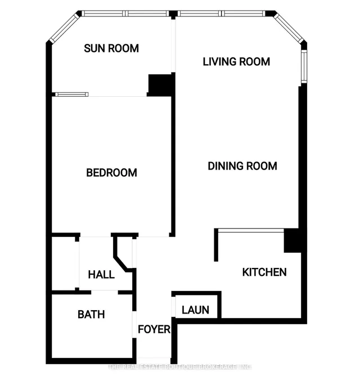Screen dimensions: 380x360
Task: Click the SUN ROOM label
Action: (111, 48)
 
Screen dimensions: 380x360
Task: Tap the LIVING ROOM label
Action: (236, 61)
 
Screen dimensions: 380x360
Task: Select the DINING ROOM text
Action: (242, 166)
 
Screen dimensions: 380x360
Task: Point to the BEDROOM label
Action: (111, 173)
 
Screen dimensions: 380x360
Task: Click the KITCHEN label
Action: (264, 272)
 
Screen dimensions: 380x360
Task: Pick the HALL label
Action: (101, 275)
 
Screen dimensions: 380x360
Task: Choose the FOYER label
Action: (154, 329)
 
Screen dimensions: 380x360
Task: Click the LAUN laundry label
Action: (196, 310)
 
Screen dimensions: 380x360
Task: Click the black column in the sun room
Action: (160, 84)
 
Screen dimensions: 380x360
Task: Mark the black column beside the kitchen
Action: (291, 241)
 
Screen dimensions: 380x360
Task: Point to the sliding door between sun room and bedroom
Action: (72, 94)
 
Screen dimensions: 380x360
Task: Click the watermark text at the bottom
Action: (180, 368)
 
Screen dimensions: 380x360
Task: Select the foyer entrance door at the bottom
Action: (154, 359)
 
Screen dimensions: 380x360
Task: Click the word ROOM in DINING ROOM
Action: (262, 166)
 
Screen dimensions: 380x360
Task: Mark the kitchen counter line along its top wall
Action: (250, 230)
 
